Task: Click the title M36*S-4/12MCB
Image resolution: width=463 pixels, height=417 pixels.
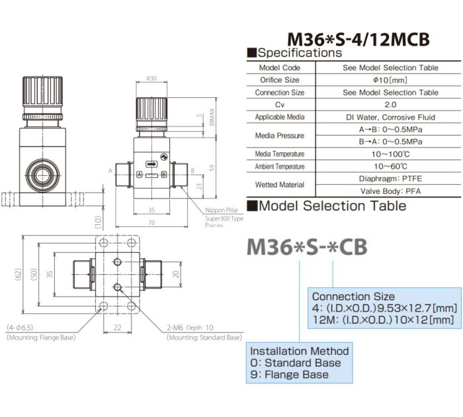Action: click(x=358, y=39)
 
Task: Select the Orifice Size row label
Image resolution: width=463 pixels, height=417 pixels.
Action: click(x=280, y=80)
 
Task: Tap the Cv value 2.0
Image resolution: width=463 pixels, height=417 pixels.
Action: click(x=390, y=105)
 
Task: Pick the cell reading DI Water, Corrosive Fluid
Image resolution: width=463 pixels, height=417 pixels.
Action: click(x=390, y=117)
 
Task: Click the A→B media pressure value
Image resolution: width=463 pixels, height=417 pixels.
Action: click(x=390, y=130)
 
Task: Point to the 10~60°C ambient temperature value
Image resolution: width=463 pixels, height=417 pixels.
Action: click(x=390, y=166)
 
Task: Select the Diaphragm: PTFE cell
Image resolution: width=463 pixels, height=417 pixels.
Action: click(x=390, y=179)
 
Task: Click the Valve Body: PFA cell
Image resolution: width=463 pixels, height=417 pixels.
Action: click(x=390, y=191)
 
